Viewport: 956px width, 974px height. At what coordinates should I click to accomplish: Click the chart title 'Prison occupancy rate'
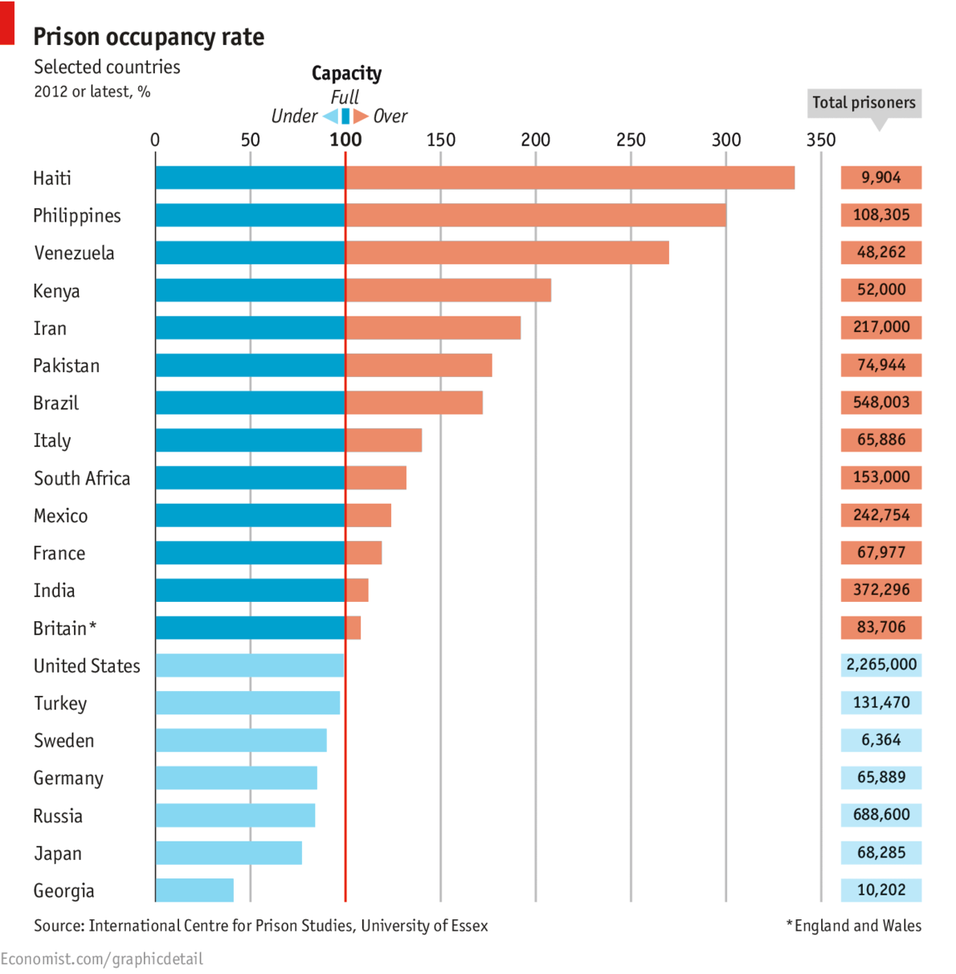(x=149, y=37)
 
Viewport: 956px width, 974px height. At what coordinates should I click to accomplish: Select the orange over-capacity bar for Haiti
(x=570, y=178)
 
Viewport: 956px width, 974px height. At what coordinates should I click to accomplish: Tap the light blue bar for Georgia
(x=194, y=890)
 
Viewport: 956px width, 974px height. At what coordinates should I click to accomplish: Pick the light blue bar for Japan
(x=228, y=853)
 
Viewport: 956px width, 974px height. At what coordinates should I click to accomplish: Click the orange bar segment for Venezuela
(x=507, y=253)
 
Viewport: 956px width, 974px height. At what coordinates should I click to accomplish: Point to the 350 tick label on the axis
(x=820, y=140)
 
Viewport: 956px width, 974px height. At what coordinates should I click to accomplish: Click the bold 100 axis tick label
(x=345, y=140)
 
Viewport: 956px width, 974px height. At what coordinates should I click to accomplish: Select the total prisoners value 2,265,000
(x=881, y=665)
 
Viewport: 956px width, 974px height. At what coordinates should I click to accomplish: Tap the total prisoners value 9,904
(x=881, y=178)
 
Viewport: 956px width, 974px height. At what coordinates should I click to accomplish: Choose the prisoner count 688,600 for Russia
(x=881, y=815)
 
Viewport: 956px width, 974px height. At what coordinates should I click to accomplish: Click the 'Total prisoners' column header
(x=864, y=103)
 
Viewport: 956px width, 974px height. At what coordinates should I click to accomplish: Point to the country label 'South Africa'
(x=82, y=479)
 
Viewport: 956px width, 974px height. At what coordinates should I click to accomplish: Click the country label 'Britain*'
(x=64, y=628)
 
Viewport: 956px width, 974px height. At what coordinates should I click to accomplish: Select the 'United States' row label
(x=87, y=666)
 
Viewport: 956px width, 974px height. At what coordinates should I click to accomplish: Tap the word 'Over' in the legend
(x=390, y=117)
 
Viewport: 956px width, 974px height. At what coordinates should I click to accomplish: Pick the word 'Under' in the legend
(x=294, y=117)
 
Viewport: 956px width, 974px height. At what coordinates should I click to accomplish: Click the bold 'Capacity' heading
(x=346, y=73)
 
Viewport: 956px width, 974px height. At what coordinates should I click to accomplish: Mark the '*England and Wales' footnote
(x=854, y=926)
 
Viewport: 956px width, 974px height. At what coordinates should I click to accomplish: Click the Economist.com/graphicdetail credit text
(x=102, y=959)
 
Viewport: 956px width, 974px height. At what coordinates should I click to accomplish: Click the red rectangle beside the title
(x=7, y=23)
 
